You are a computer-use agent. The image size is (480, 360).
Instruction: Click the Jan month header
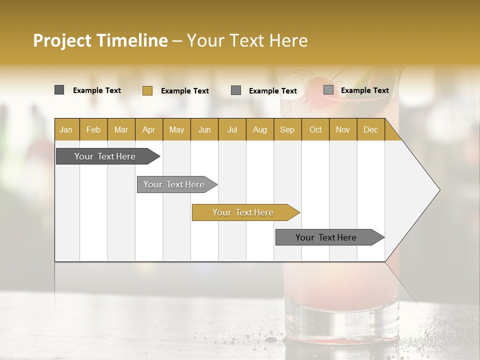(x=66, y=129)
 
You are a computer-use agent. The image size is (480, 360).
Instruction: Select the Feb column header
(x=93, y=129)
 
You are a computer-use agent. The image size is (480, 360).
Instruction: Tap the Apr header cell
(x=148, y=129)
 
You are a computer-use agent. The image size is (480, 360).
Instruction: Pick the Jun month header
(x=204, y=129)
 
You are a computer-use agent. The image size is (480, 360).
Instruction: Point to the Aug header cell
(x=259, y=129)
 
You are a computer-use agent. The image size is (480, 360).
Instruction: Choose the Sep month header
(x=287, y=129)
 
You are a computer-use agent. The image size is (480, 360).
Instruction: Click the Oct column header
(x=315, y=129)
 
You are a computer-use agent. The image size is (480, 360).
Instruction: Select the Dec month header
(x=370, y=129)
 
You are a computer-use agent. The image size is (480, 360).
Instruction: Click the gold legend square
(x=147, y=90)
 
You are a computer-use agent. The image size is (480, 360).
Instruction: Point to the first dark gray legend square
(x=59, y=90)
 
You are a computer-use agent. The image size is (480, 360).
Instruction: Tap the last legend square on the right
(x=328, y=90)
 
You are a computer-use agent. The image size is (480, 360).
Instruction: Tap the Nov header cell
(x=342, y=129)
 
